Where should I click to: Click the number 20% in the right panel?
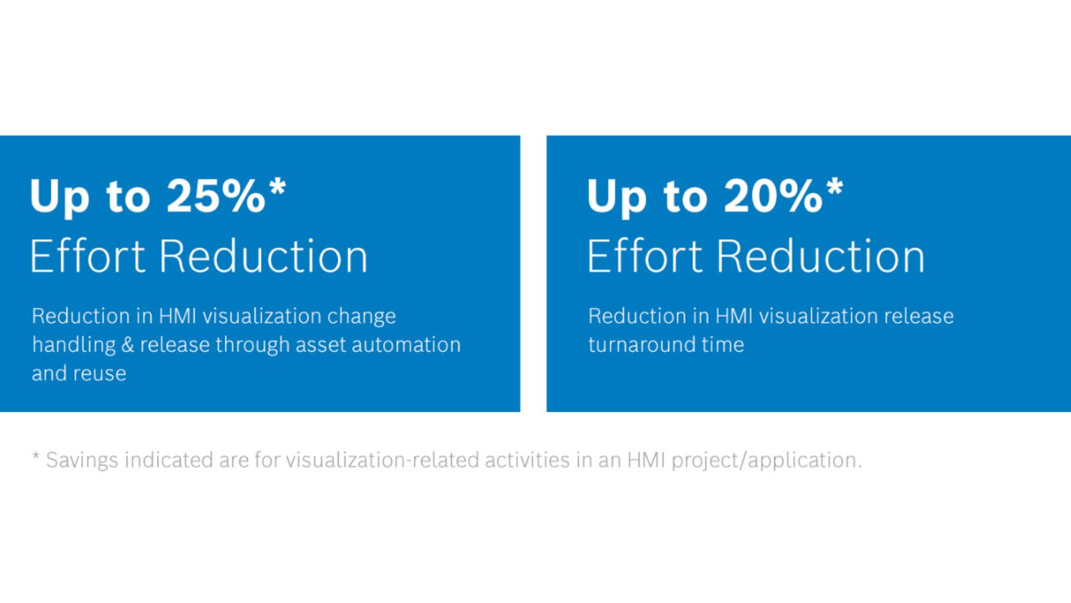(x=773, y=196)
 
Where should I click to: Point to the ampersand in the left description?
(x=128, y=345)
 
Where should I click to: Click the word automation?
(x=406, y=345)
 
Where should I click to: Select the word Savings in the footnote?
(x=82, y=460)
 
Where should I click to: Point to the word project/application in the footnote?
(x=766, y=461)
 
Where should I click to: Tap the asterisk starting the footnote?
(x=36, y=455)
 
